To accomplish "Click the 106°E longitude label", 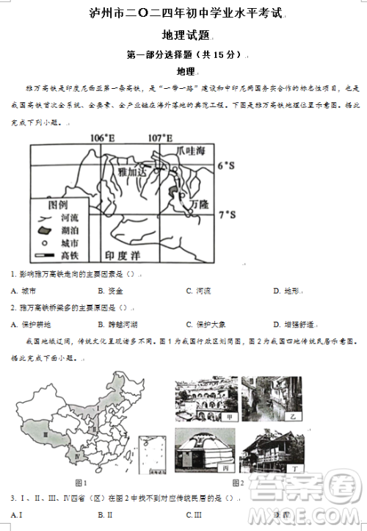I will tap(103, 138).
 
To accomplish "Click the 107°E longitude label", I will tap(160, 138).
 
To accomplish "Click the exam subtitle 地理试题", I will tap(184, 35).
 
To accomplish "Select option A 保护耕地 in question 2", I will tap(27, 324).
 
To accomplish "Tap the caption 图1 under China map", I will tap(81, 483).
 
